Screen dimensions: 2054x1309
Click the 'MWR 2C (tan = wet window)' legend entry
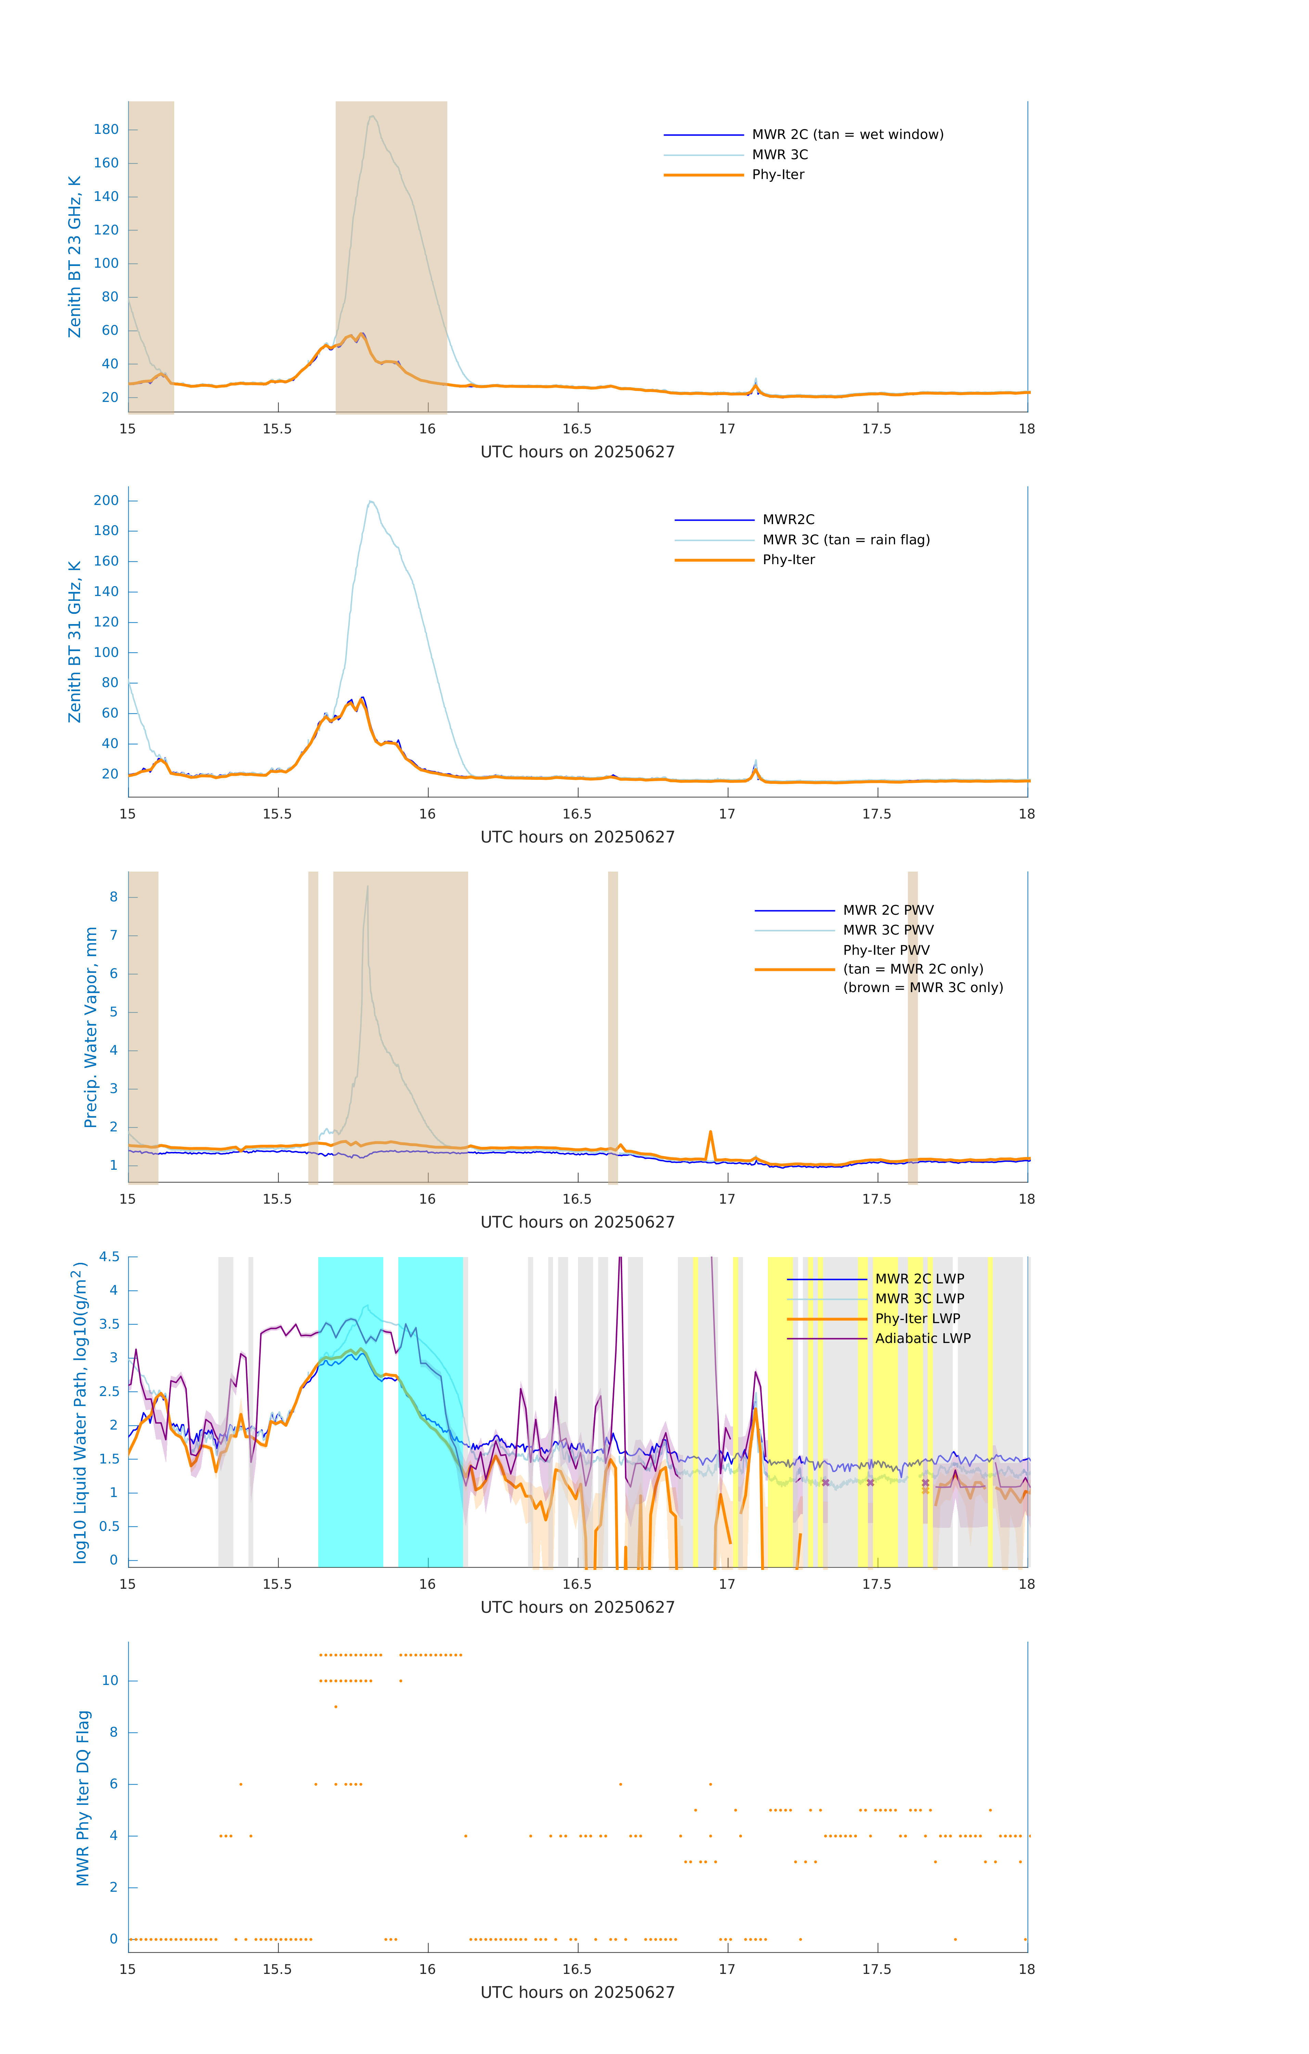(x=847, y=135)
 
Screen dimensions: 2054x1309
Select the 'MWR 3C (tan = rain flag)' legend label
(x=845, y=540)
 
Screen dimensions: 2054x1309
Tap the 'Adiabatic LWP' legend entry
(x=922, y=1338)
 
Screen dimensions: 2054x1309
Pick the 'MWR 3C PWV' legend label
(x=888, y=930)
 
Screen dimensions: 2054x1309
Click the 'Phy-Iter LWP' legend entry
(x=917, y=1319)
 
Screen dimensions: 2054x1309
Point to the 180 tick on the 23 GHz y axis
(x=106, y=130)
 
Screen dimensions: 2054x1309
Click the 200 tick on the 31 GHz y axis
(x=106, y=501)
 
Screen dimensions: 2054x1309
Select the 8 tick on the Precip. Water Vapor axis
(x=113, y=897)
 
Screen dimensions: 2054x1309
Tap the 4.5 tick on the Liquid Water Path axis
(x=109, y=1256)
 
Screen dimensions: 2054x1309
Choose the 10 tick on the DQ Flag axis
(x=110, y=1681)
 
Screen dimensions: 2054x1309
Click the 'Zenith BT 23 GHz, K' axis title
(x=75, y=257)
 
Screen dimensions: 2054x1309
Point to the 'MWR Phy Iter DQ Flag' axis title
(x=83, y=1798)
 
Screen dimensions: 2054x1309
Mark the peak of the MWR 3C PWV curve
(x=368, y=887)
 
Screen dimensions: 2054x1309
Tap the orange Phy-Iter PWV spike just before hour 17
(x=710, y=1133)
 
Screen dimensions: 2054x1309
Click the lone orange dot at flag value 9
(x=336, y=1707)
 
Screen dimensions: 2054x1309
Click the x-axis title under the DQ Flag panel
(x=577, y=1993)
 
